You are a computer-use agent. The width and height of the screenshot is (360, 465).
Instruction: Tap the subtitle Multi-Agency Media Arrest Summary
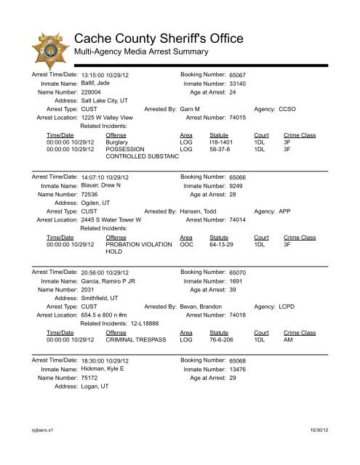point(142,52)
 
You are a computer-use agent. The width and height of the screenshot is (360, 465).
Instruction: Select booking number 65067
point(217,76)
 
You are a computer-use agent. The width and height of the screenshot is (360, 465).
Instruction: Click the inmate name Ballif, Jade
point(96,84)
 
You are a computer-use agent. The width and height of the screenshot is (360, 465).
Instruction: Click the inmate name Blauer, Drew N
point(100,186)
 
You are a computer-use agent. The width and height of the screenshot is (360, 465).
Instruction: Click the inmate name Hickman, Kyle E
point(103,369)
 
